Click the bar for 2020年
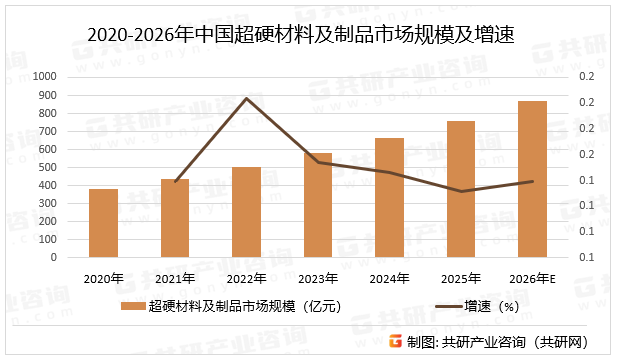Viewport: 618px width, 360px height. (103, 223)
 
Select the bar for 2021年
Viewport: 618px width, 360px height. (175, 218)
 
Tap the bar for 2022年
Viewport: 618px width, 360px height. (246, 212)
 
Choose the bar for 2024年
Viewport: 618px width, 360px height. (389, 197)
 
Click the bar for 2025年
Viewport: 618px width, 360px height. (461, 189)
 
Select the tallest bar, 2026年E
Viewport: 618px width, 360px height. (532, 179)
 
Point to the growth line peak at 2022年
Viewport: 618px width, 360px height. (246, 98)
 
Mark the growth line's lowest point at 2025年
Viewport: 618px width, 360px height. (461, 191)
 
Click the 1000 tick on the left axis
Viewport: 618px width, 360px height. (44, 76)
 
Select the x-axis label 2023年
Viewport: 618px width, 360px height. (318, 278)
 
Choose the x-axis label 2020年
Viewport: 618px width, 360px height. (103, 278)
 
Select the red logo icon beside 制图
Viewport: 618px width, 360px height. (396, 341)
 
